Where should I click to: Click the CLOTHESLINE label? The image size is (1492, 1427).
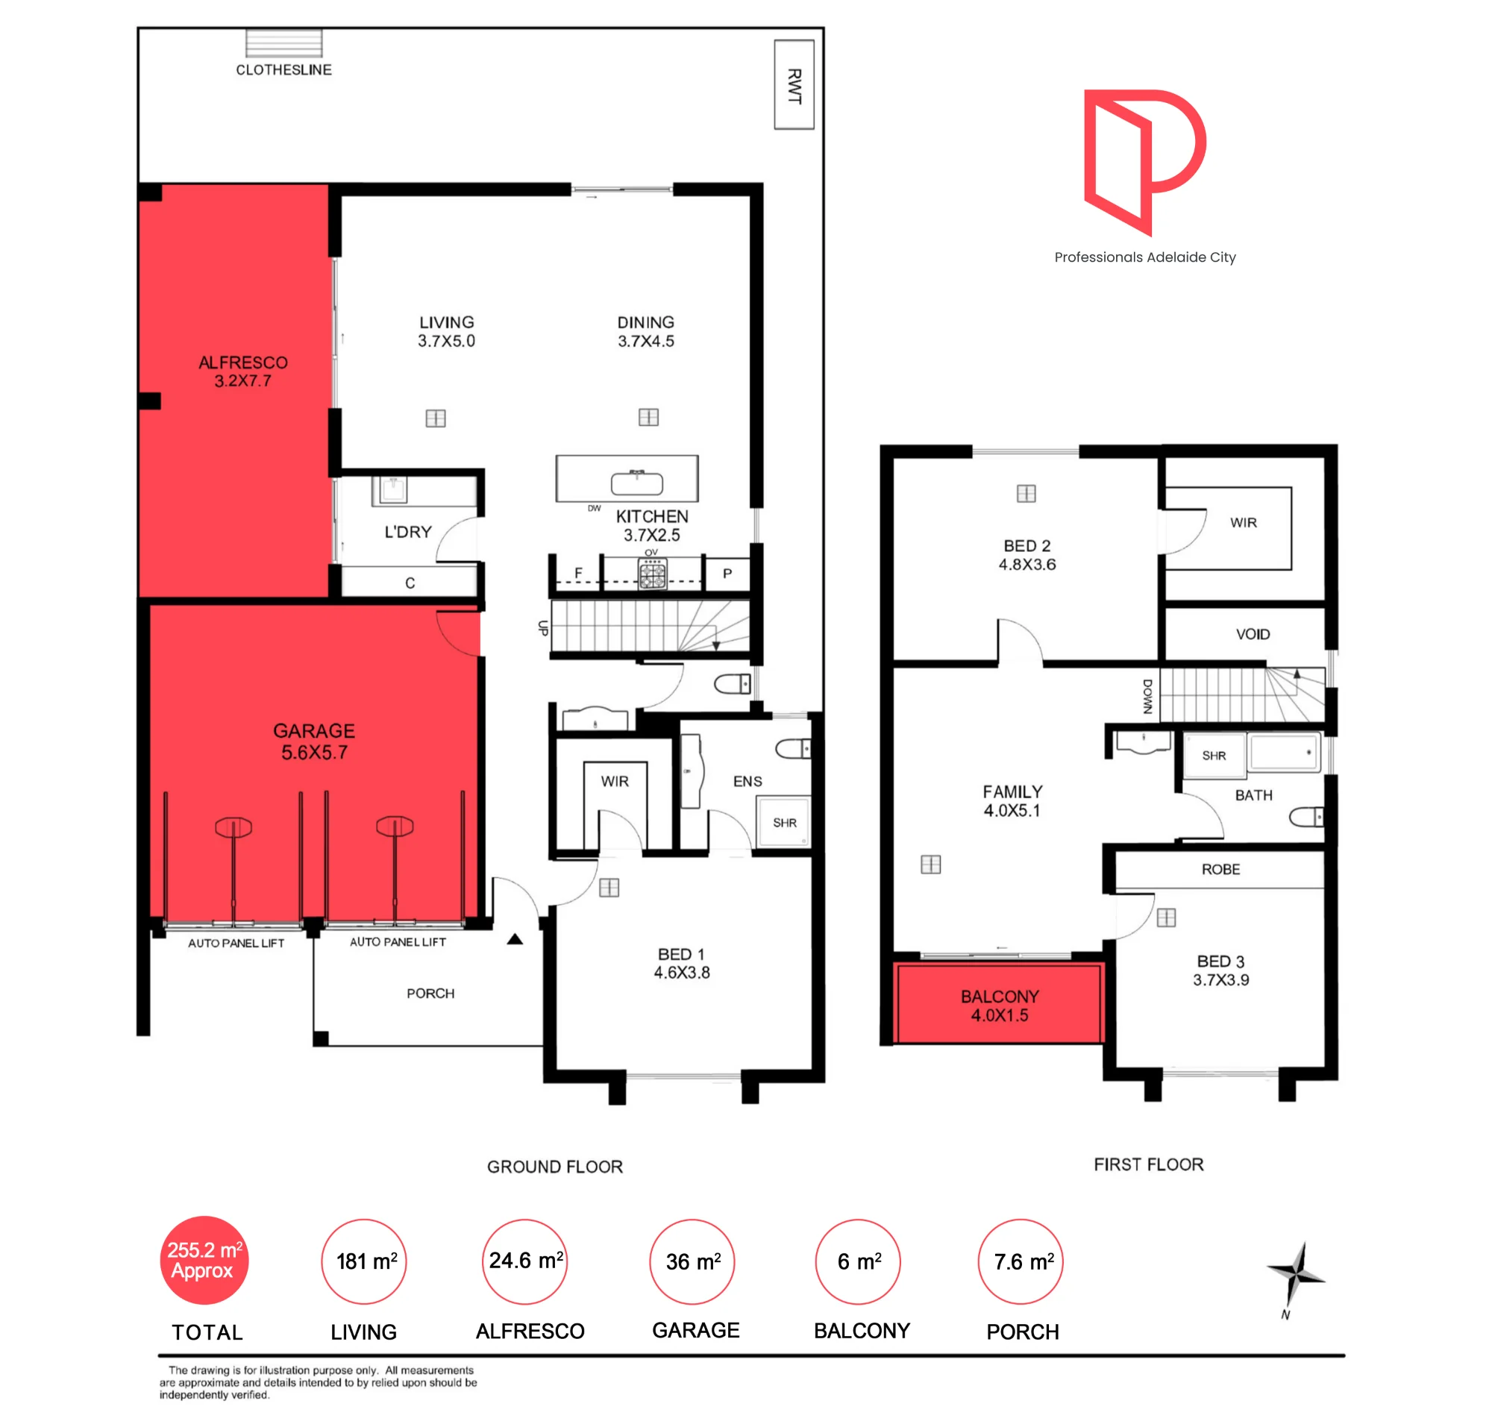283,69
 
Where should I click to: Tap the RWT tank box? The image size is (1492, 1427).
794,84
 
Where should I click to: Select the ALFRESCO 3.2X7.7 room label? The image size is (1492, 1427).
242,371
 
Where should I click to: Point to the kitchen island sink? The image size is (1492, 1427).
637,483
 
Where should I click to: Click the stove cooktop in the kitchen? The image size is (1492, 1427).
652,573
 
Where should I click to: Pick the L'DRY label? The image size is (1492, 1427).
408,532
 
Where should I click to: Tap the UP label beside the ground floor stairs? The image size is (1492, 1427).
542,627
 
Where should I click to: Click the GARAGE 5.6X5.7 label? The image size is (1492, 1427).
313,741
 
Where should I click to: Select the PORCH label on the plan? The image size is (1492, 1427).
430,993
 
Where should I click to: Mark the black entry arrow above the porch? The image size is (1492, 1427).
515,938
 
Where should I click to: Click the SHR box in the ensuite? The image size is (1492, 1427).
783,821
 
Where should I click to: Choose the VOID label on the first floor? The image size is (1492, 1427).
1253,633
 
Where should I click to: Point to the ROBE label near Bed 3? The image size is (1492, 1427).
1220,869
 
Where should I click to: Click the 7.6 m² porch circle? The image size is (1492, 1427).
1020,1261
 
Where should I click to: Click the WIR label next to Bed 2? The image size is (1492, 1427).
1243,523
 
